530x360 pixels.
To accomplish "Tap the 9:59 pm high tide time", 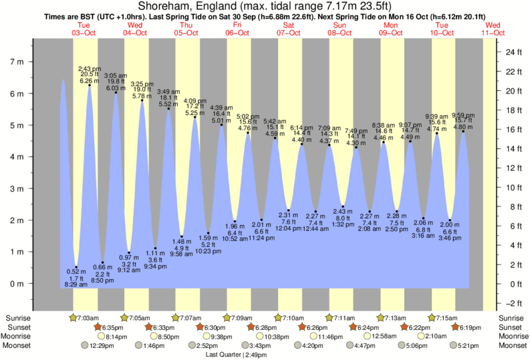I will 463,115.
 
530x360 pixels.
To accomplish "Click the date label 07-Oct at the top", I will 289,33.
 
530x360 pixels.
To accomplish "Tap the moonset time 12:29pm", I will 98,345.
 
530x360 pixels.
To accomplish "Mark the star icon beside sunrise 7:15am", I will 432,317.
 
